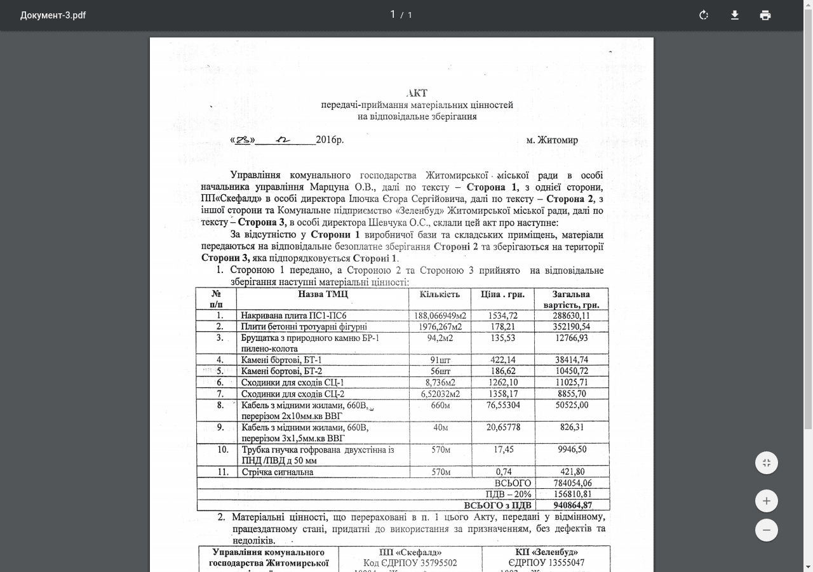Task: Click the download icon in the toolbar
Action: click(735, 15)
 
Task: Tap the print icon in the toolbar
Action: click(765, 15)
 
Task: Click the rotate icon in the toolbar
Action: click(704, 15)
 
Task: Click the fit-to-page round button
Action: click(767, 463)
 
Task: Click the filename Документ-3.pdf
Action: click(53, 15)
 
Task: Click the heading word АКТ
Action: click(417, 93)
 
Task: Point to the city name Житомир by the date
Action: click(557, 140)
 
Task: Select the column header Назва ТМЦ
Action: click(323, 294)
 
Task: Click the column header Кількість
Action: click(440, 294)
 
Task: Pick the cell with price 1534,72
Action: click(503, 316)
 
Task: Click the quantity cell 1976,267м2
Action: click(440, 327)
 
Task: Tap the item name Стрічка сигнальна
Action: click(277, 472)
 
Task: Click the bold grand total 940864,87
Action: click(572, 505)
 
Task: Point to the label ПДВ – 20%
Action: click(508, 494)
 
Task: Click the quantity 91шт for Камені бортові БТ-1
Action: click(440, 360)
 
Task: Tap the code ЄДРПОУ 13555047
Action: click(546, 562)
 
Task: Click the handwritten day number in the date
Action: click(243, 140)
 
